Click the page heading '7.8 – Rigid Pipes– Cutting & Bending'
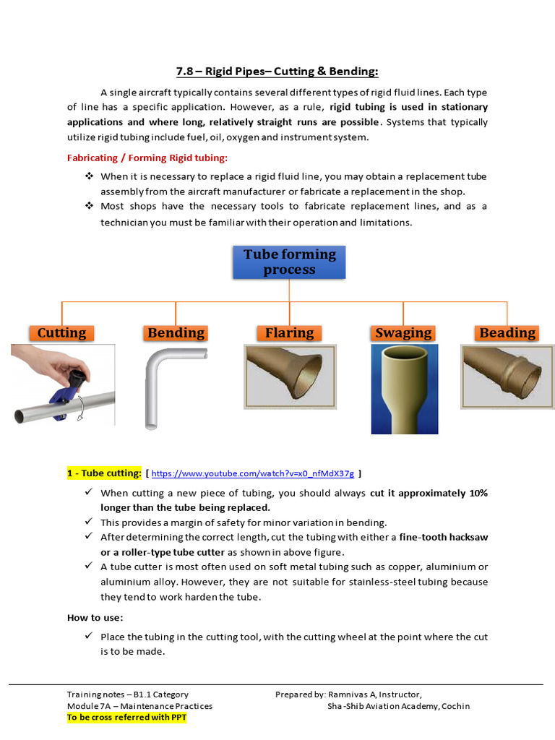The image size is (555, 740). click(277, 71)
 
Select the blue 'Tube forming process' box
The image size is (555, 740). click(289, 262)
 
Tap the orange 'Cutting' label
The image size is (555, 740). click(61, 332)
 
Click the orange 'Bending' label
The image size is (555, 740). click(176, 332)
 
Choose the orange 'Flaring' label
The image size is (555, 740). click(289, 332)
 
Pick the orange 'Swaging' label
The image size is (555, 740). click(403, 332)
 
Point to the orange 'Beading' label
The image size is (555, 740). click(507, 332)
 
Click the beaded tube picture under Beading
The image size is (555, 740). click(507, 371)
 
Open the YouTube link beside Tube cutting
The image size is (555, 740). click(252, 474)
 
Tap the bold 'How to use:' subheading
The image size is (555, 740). click(95, 617)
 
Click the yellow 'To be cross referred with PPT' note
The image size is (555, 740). click(126, 718)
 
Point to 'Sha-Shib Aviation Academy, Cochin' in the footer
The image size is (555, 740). click(398, 706)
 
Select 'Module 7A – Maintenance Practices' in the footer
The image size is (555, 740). click(139, 706)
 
